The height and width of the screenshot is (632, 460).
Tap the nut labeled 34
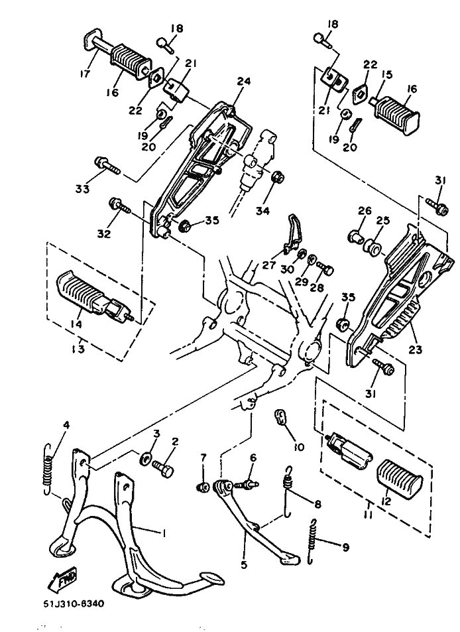(278, 178)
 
